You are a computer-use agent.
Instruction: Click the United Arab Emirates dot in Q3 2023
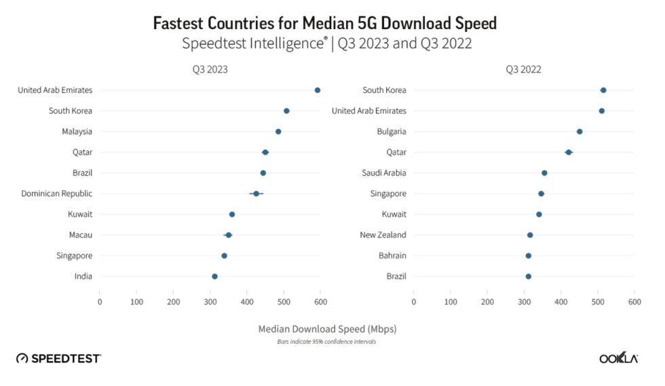[x=318, y=90]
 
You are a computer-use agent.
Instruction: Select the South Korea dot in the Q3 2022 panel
[x=603, y=90]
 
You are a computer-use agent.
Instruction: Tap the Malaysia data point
[x=278, y=132]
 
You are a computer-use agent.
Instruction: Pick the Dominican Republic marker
[x=256, y=194]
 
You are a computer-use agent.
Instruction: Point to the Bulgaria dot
[x=579, y=132]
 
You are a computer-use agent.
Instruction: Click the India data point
[x=214, y=277]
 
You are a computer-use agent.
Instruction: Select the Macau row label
[x=80, y=235]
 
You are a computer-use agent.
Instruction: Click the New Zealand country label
[x=383, y=235]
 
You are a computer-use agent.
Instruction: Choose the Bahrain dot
[x=529, y=256]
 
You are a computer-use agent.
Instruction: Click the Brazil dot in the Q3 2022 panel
[x=529, y=277]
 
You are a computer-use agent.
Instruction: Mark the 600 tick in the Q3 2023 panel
[x=321, y=301]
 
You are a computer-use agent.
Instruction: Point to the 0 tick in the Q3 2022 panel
[x=414, y=301]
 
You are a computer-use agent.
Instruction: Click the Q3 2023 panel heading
[x=210, y=69]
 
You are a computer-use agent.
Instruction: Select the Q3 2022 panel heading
[x=524, y=69]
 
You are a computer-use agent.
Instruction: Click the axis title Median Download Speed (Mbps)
[x=327, y=329]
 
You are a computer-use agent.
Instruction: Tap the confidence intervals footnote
[x=326, y=342]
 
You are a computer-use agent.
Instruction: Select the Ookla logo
[x=617, y=358]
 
